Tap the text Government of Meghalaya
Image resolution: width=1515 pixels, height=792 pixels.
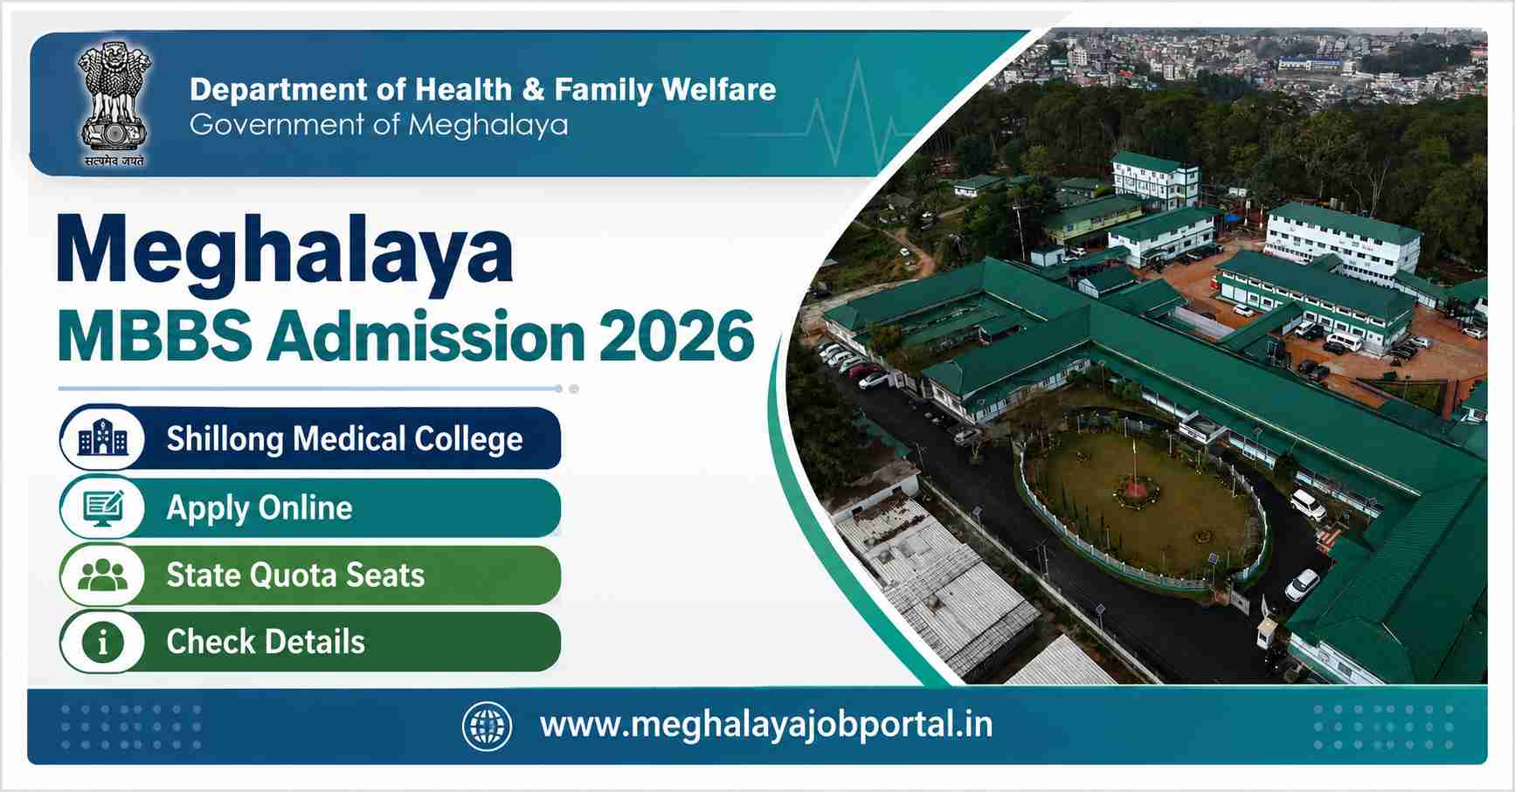pos(378,125)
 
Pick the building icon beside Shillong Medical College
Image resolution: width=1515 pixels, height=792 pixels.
pos(103,438)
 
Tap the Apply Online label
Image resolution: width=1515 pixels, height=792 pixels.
pos(259,508)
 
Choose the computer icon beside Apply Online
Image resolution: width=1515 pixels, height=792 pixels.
pos(103,507)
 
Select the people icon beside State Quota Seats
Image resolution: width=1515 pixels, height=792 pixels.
pos(103,575)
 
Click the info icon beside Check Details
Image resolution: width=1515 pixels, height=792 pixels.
pos(103,642)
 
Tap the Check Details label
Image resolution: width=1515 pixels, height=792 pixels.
pos(266,642)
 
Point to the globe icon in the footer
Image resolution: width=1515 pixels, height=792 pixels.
pos(487,726)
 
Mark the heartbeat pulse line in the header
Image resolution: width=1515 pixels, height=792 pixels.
pos(852,114)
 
